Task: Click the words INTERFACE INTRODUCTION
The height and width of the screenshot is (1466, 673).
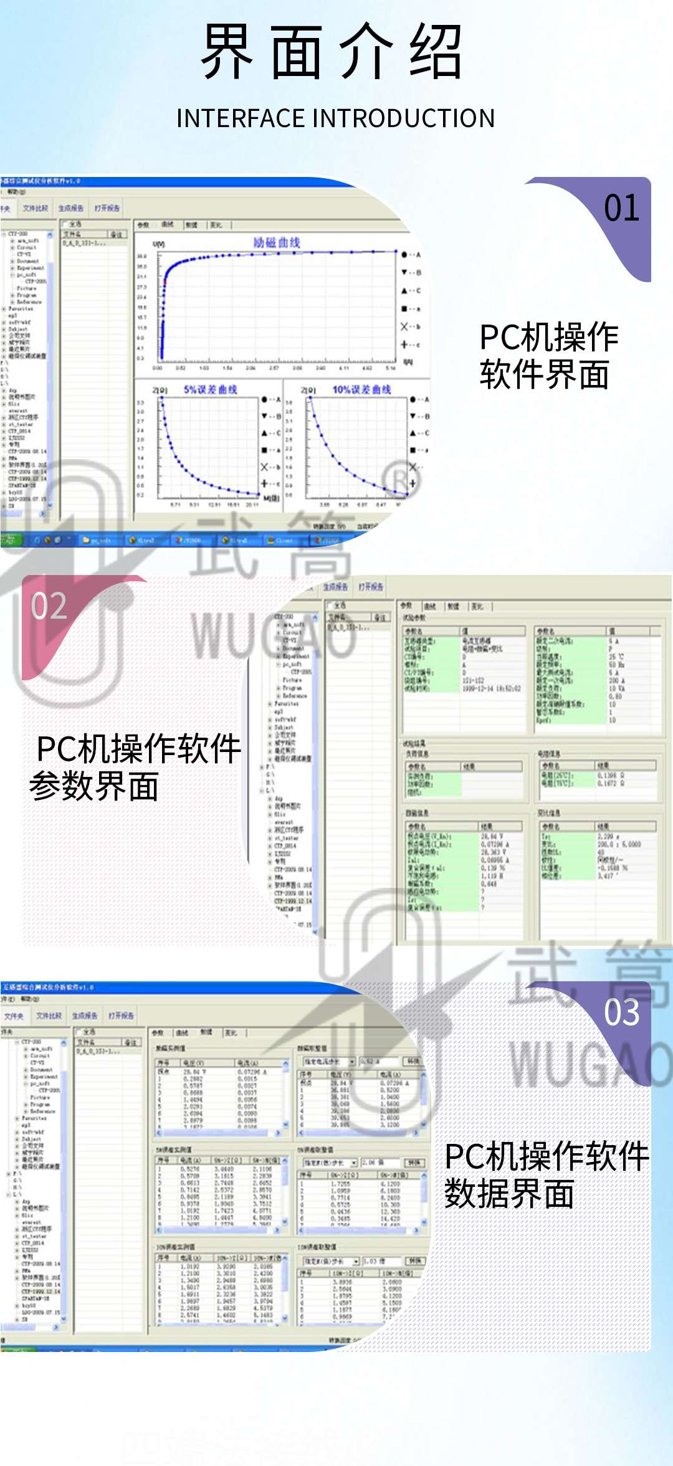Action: [335, 118]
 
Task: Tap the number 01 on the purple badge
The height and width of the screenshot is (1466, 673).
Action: [621, 209]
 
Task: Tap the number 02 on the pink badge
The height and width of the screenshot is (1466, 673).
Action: [49, 606]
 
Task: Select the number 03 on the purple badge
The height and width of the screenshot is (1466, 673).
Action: [621, 1013]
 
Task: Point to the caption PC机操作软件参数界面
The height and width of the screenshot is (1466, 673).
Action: [134, 767]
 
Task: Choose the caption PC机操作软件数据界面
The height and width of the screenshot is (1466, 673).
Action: [546, 1175]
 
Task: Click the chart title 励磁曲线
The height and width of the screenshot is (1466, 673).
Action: [277, 242]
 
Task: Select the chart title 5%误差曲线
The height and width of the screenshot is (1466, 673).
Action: [210, 389]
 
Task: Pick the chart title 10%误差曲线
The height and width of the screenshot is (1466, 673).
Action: [361, 389]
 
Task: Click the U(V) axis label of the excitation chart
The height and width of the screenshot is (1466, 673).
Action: [159, 244]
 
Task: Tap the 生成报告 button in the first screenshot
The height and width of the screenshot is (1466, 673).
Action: [71, 208]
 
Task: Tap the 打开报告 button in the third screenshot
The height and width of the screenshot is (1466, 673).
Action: [121, 1016]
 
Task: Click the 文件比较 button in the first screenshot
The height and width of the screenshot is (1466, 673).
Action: [36, 208]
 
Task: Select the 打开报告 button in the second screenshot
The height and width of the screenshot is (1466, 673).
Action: [371, 587]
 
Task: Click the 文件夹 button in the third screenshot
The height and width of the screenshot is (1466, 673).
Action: [13, 1016]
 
